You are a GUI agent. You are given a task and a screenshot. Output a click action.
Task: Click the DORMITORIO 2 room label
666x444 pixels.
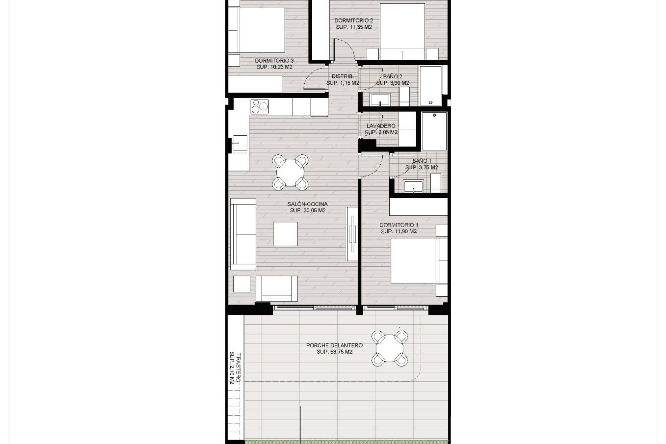point(354,20)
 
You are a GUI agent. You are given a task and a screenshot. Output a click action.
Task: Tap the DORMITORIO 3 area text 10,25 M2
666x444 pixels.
point(274,67)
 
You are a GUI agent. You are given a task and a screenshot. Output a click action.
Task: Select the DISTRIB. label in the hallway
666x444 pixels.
point(342,76)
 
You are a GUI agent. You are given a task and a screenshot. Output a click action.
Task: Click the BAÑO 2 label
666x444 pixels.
point(393,76)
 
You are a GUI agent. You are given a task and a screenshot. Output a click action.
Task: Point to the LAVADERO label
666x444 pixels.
point(381,126)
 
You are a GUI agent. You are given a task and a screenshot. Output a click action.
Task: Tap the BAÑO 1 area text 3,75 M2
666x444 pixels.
point(421,168)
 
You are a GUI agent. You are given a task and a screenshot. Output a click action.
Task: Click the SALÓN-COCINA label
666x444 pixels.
point(308,204)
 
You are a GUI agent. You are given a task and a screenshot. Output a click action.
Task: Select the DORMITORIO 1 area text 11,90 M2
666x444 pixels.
point(399,231)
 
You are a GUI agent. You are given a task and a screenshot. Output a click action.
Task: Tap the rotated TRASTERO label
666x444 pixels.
point(238,368)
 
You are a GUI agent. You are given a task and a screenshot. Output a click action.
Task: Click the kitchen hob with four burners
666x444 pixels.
point(260,106)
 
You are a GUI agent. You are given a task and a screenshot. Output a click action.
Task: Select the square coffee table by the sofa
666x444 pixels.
point(285,234)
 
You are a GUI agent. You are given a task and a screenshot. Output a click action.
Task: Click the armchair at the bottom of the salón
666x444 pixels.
point(276,289)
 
